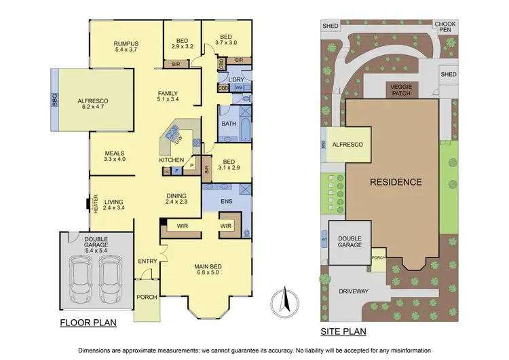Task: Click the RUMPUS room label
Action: coord(126,43)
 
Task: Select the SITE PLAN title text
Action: coord(343,332)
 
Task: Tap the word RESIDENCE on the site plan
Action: coord(396,182)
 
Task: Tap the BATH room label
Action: coord(229,124)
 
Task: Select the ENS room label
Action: coord(229,201)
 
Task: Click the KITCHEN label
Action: coord(172,160)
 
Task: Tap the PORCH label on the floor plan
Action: coord(147,297)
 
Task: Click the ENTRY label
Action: coord(147,262)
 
